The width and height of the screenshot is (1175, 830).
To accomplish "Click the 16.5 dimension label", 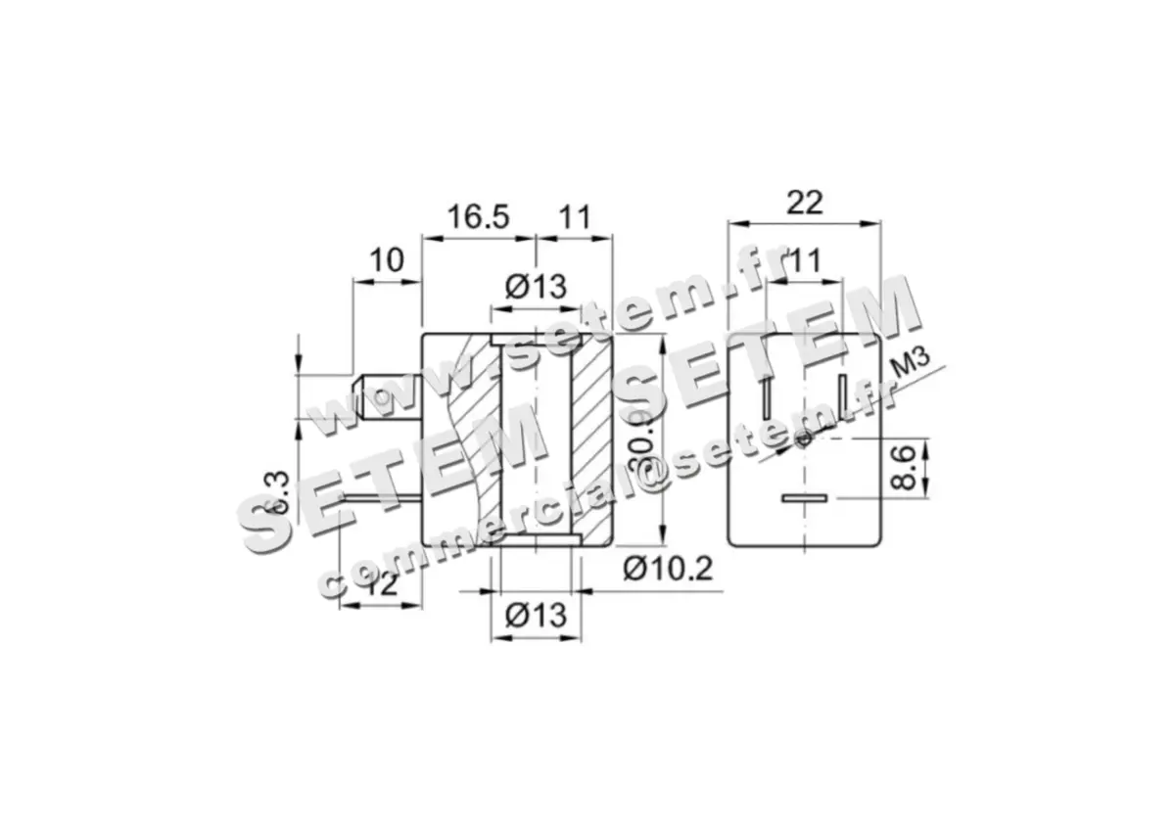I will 478,217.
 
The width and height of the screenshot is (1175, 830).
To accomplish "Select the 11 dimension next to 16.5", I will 576,217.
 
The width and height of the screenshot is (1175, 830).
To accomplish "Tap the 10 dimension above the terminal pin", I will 387,261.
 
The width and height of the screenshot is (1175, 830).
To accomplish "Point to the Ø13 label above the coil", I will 536,287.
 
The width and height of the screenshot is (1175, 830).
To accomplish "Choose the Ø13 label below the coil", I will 536,616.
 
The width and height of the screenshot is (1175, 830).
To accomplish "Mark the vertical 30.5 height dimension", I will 641,442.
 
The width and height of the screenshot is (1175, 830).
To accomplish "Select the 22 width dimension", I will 804,203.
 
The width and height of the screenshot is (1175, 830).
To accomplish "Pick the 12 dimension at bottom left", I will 380,584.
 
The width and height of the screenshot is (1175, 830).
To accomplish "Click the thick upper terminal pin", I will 387,396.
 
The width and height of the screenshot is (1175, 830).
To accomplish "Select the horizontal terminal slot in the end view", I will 804,499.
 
